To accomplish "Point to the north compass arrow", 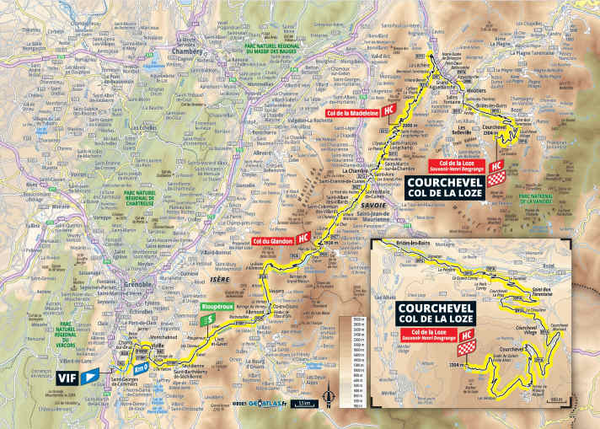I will tap(339, 396).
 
